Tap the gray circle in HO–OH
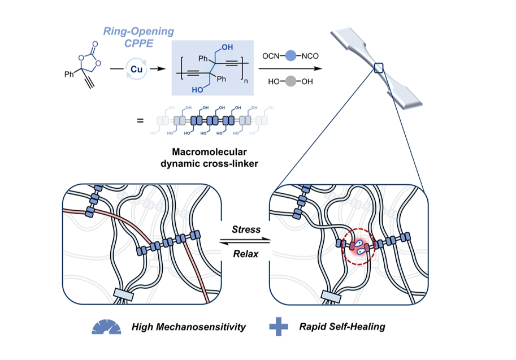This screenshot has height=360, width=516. (x=290, y=81)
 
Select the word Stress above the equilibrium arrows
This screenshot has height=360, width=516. (x=246, y=229)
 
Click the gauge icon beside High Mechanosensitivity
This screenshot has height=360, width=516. (x=106, y=327)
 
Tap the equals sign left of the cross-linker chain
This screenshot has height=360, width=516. (x=140, y=120)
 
